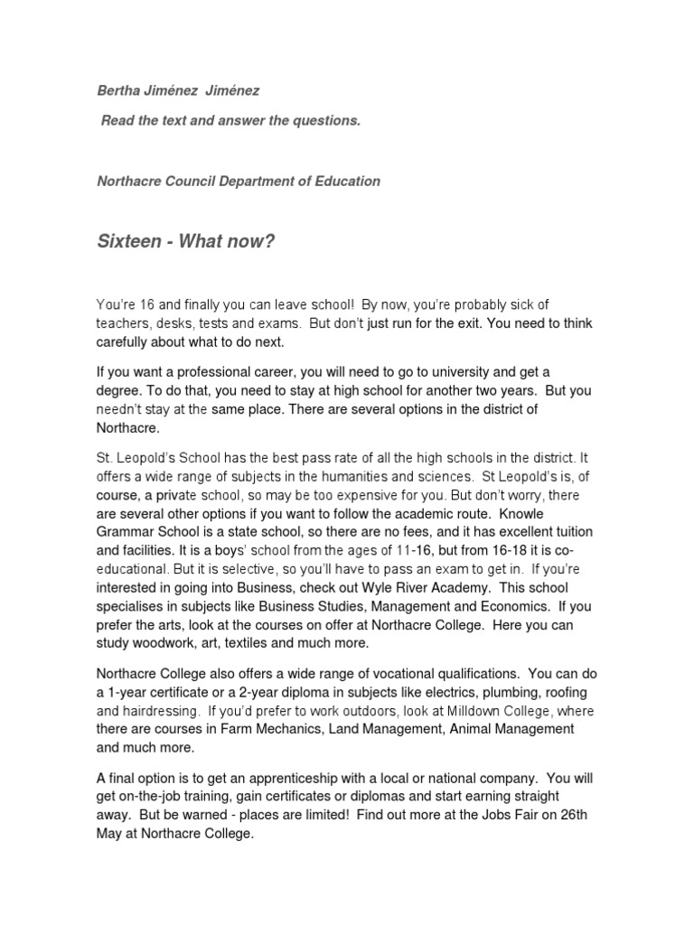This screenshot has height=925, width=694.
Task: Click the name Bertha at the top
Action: pos(117,91)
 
